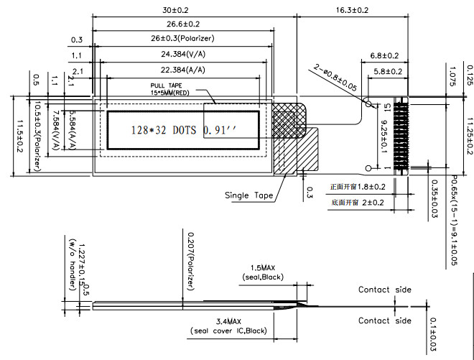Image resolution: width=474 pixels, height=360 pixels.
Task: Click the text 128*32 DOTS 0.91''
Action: point(183,131)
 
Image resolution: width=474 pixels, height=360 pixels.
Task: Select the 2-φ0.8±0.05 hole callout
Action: point(336,76)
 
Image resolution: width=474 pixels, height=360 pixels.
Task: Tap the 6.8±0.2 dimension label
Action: point(385,55)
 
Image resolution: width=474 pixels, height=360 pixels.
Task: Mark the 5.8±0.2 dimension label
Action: point(385,72)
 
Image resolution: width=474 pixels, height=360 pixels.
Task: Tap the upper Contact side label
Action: point(384,290)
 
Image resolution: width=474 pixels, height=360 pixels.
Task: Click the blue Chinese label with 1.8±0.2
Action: point(358,187)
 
